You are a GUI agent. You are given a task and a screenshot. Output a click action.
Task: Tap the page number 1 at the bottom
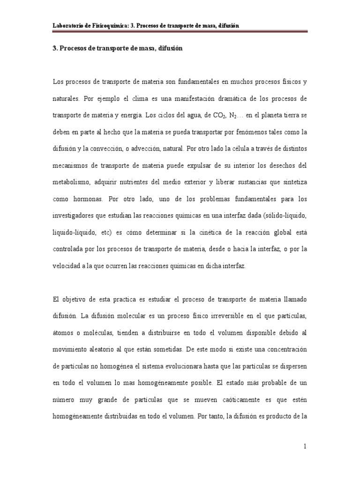(305, 447)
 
